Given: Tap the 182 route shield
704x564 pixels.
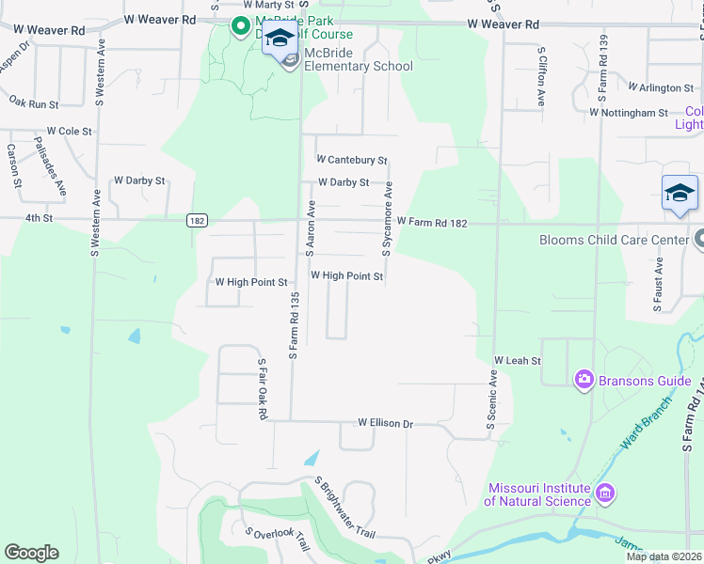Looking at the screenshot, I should pyautogui.click(x=196, y=221).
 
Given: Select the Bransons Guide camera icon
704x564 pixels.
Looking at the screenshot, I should pyautogui.click(x=584, y=379).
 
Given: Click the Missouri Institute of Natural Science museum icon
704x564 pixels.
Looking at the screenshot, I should pyautogui.click(x=605, y=493).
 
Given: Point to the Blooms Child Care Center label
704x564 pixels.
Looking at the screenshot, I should pyautogui.click(x=614, y=240).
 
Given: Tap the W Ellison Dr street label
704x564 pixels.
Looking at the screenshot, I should pyautogui.click(x=385, y=424).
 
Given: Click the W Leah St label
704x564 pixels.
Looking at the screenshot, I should pyautogui.click(x=518, y=360).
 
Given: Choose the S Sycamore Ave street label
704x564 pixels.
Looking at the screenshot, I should pyautogui.click(x=387, y=220).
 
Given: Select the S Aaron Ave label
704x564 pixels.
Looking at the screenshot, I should pyautogui.click(x=310, y=227).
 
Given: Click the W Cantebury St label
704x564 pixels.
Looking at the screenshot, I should pyautogui.click(x=352, y=160).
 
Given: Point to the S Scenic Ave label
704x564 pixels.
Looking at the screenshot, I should pyautogui.click(x=491, y=400).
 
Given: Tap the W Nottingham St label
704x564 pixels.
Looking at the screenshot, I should pyautogui.click(x=628, y=113).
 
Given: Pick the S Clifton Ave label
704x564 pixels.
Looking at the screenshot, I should pyautogui.click(x=541, y=75).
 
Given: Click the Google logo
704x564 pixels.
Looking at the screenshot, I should pyautogui.click(x=31, y=553).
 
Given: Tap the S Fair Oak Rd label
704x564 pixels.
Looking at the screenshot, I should pyautogui.click(x=263, y=388).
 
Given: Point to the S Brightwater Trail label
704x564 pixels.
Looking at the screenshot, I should pyautogui.click(x=345, y=508).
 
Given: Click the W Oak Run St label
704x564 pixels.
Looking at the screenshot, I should pyautogui.click(x=33, y=100).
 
